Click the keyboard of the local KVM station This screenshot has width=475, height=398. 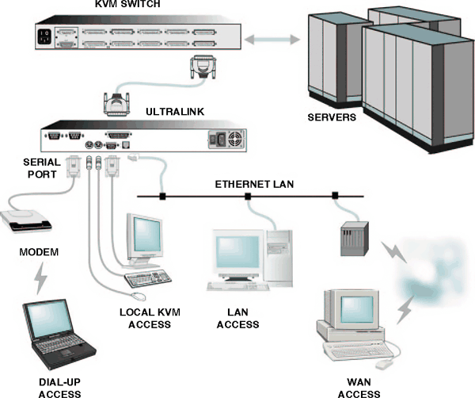click(x=150, y=278)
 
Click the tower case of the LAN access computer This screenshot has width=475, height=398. click(x=279, y=252)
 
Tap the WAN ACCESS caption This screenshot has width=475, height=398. click(x=358, y=387)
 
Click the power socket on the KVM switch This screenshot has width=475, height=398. click(x=44, y=36)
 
